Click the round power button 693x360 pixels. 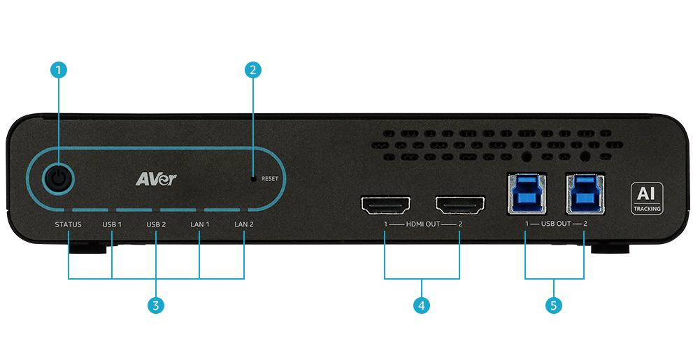point(59,180)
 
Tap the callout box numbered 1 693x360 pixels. point(59,70)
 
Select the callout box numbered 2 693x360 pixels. point(252,70)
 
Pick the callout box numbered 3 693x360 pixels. point(156,305)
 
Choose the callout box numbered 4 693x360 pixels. point(421,305)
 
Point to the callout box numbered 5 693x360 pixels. point(555,305)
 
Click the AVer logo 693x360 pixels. point(156,179)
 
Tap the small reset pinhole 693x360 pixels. point(254,178)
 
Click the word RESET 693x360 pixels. point(270,179)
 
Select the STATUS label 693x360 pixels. point(69,224)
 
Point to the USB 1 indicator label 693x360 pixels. point(112,224)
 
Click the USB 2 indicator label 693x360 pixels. point(156,224)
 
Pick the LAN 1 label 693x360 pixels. point(200,224)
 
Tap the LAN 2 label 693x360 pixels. point(244,224)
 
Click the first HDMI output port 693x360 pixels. point(385,206)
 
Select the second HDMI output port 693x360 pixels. point(459,206)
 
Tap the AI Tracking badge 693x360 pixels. point(646,198)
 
